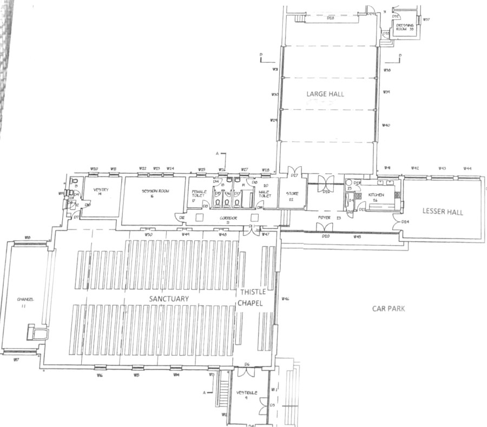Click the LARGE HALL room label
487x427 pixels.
click(325, 94)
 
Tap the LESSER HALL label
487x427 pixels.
click(443, 212)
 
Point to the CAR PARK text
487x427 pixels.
click(389, 308)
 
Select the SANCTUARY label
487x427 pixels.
click(169, 299)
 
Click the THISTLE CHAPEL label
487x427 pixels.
click(250, 298)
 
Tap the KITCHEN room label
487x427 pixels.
click(376, 196)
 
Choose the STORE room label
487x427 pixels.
click(293, 194)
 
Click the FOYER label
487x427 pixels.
click(325, 218)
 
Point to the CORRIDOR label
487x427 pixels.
click(228, 218)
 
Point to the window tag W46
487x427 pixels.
click(285, 299)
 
